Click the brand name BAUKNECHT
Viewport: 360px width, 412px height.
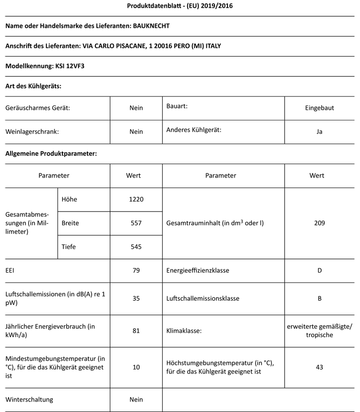tap(152, 25)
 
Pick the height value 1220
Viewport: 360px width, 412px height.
tap(136, 199)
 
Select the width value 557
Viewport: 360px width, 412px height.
tap(136, 223)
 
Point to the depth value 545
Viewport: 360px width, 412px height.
tap(136, 247)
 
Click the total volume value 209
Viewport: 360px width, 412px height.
tap(319, 223)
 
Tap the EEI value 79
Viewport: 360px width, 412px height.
tap(136, 271)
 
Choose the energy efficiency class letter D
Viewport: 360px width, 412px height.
tap(319, 271)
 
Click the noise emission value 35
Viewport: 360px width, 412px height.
tap(136, 298)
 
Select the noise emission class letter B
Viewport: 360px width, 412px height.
tap(319, 298)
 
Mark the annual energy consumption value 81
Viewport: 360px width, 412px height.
tap(136, 330)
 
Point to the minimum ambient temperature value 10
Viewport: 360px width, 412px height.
tap(136, 367)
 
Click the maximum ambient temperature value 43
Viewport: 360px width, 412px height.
tap(319, 367)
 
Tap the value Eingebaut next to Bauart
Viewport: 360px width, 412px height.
tap(319, 108)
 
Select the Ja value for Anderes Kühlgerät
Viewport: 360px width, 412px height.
tap(319, 131)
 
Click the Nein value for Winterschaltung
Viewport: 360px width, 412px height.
tap(136, 399)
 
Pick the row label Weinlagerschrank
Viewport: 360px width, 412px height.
tap(32, 131)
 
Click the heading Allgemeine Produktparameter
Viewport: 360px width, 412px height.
tap(51, 154)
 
